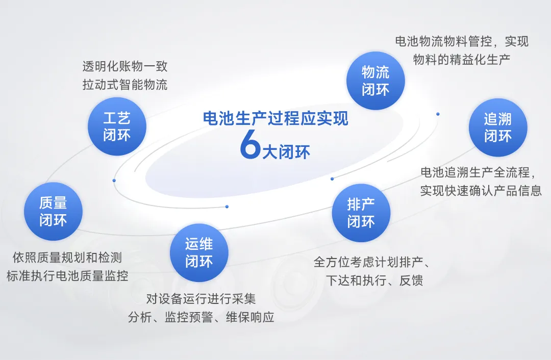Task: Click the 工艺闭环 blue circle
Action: [x=117, y=126]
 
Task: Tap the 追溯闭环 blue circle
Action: [x=497, y=127]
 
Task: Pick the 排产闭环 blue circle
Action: [x=361, y=213]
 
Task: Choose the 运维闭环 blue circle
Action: [x=199, y=252]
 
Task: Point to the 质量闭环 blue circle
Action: [x=53, y=211]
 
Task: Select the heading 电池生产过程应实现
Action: [x=275, y=118]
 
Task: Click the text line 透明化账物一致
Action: [x=125, y=66]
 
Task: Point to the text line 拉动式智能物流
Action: [x=125, y=85]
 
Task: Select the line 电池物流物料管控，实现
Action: [x=462, y=41]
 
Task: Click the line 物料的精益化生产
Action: [x=462, y=59]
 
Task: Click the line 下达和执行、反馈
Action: [x=374, y=280]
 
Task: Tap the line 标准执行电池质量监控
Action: [x=67, y=276]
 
